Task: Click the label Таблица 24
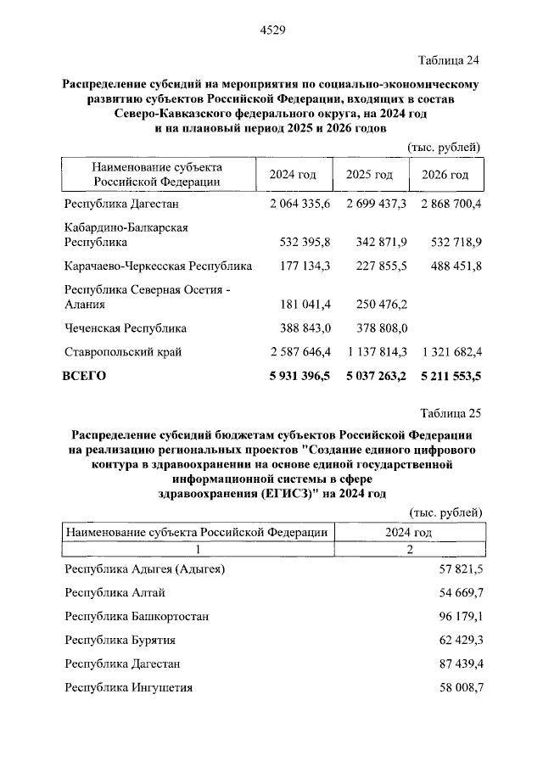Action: (x=451, y=60)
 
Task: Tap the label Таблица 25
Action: (x=451, y=414)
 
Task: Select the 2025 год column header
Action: (x=369, y=175)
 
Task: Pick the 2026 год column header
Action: (x=445, y=175)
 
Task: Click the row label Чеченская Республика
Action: (x=126, y=328)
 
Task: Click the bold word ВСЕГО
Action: (x=86, y=376)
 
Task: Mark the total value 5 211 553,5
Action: (x=445, y=376)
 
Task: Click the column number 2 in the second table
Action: (x=410, y=549)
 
